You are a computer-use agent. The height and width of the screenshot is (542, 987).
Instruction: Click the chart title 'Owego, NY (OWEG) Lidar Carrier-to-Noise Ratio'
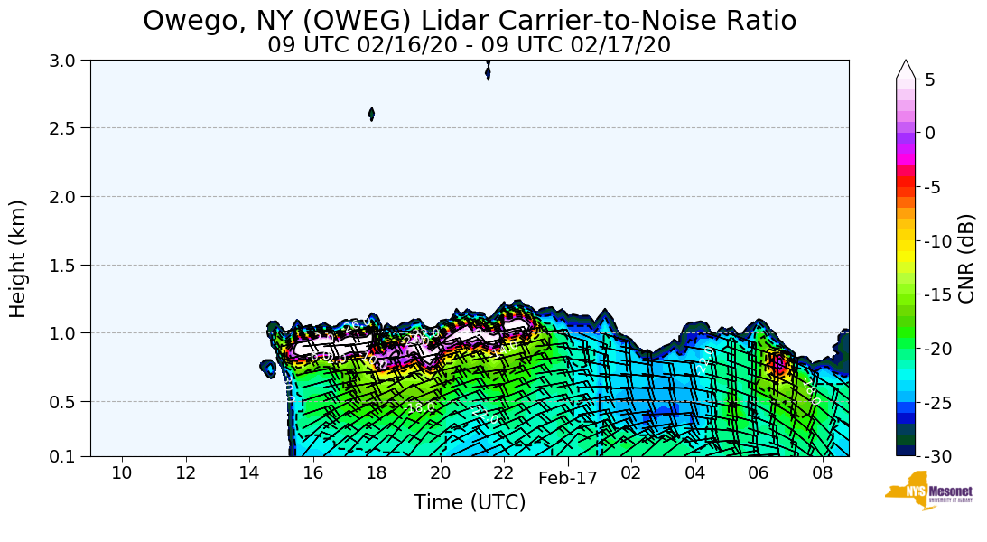click(470, 20)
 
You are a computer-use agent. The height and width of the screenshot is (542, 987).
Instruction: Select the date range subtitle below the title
click(470, 44)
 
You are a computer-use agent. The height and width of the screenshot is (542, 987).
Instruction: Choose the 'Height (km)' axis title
click(19, 258)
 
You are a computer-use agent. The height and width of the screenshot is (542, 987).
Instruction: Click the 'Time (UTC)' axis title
click(470, 503)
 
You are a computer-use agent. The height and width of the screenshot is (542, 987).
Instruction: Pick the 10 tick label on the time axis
click(122, 473)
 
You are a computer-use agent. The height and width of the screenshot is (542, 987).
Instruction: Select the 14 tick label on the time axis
click(249, 473)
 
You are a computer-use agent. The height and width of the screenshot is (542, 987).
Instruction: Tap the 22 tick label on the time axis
click(504, 473)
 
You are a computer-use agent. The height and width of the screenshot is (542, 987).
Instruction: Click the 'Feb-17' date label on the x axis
click(568, 479)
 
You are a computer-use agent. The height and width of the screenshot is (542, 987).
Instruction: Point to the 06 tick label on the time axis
click(759, 473)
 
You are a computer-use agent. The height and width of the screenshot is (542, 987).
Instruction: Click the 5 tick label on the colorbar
click(929, 79)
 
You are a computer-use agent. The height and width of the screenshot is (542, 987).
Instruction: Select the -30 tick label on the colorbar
click(936, 456)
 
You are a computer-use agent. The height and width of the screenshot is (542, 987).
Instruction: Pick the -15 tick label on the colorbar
click(936, 295)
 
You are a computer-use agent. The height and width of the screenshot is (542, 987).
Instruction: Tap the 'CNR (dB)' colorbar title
click(966, 258)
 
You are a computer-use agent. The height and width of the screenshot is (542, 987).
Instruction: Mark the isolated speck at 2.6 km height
click(371, 114)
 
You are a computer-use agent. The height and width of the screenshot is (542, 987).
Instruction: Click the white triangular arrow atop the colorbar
click(906, 70)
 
